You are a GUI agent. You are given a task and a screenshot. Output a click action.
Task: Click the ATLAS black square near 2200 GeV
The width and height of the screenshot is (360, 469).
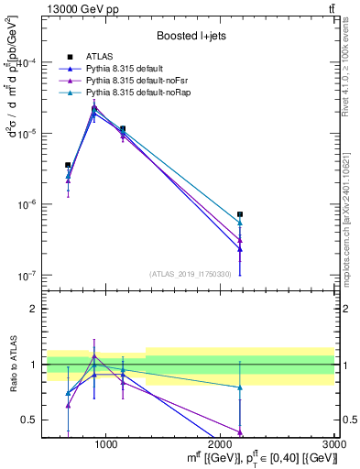240,214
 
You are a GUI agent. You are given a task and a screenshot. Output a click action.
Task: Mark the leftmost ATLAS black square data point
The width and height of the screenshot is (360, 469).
68,165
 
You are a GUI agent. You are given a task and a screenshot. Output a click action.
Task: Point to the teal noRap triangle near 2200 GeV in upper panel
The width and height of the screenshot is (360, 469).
240,223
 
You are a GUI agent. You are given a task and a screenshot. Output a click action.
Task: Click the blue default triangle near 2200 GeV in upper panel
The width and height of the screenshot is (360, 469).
240,249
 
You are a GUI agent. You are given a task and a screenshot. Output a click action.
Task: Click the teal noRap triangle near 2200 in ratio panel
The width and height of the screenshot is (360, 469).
240,387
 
